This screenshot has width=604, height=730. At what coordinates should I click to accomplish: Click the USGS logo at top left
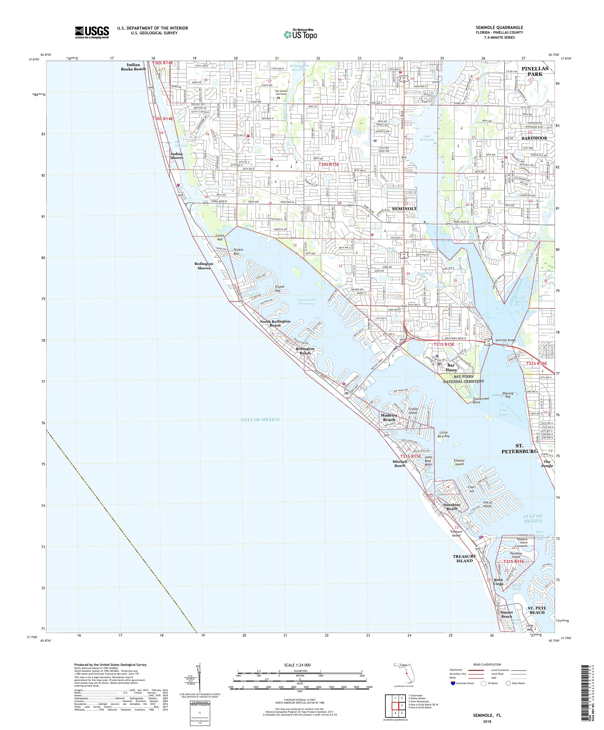click(92, 32)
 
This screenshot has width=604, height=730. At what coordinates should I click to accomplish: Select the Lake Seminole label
click(427, 137)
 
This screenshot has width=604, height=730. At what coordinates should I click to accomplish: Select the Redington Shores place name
click(204, 266)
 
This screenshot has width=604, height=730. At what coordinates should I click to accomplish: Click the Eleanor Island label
click(459, 462)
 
